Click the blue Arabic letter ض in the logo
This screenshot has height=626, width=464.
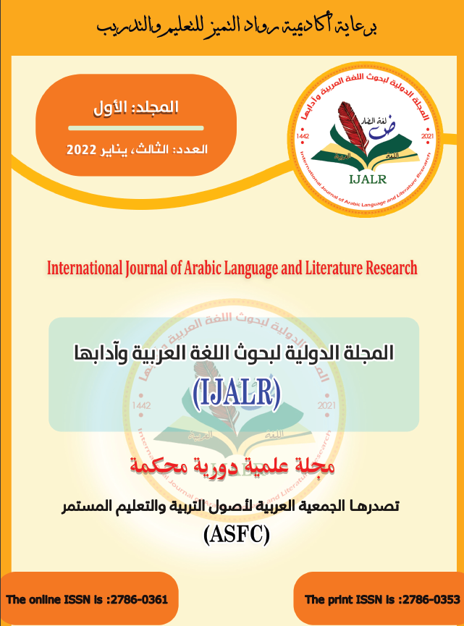[x=367, y=130]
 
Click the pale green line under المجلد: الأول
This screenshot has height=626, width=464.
[x=141, y=129]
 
